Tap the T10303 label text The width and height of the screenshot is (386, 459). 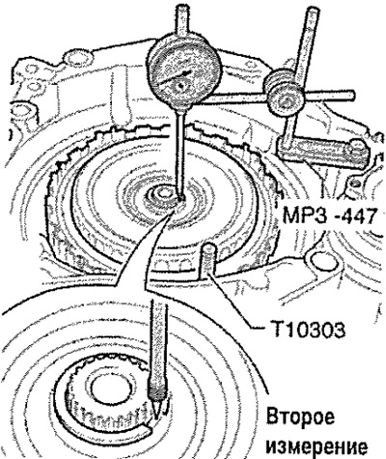(x=305, y=330)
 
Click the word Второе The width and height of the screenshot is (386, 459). (x=300, y=417)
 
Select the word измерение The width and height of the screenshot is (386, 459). (x=317, y=445)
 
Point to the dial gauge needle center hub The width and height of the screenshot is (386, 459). (x=181, y=86)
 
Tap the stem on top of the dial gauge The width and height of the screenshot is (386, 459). (x=182, y=21)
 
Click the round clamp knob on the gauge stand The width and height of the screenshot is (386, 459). (x=282, y=100)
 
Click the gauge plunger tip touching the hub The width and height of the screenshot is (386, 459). (x=180, y=198)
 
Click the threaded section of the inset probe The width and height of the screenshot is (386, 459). (x=157, y=393)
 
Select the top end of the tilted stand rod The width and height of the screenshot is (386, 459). (x=313, y=12)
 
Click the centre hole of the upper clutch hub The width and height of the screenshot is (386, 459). (x=163, y=193)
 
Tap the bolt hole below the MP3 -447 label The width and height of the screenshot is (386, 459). (x=322, y=260)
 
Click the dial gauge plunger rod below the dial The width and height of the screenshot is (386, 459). (x=180, y=152)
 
